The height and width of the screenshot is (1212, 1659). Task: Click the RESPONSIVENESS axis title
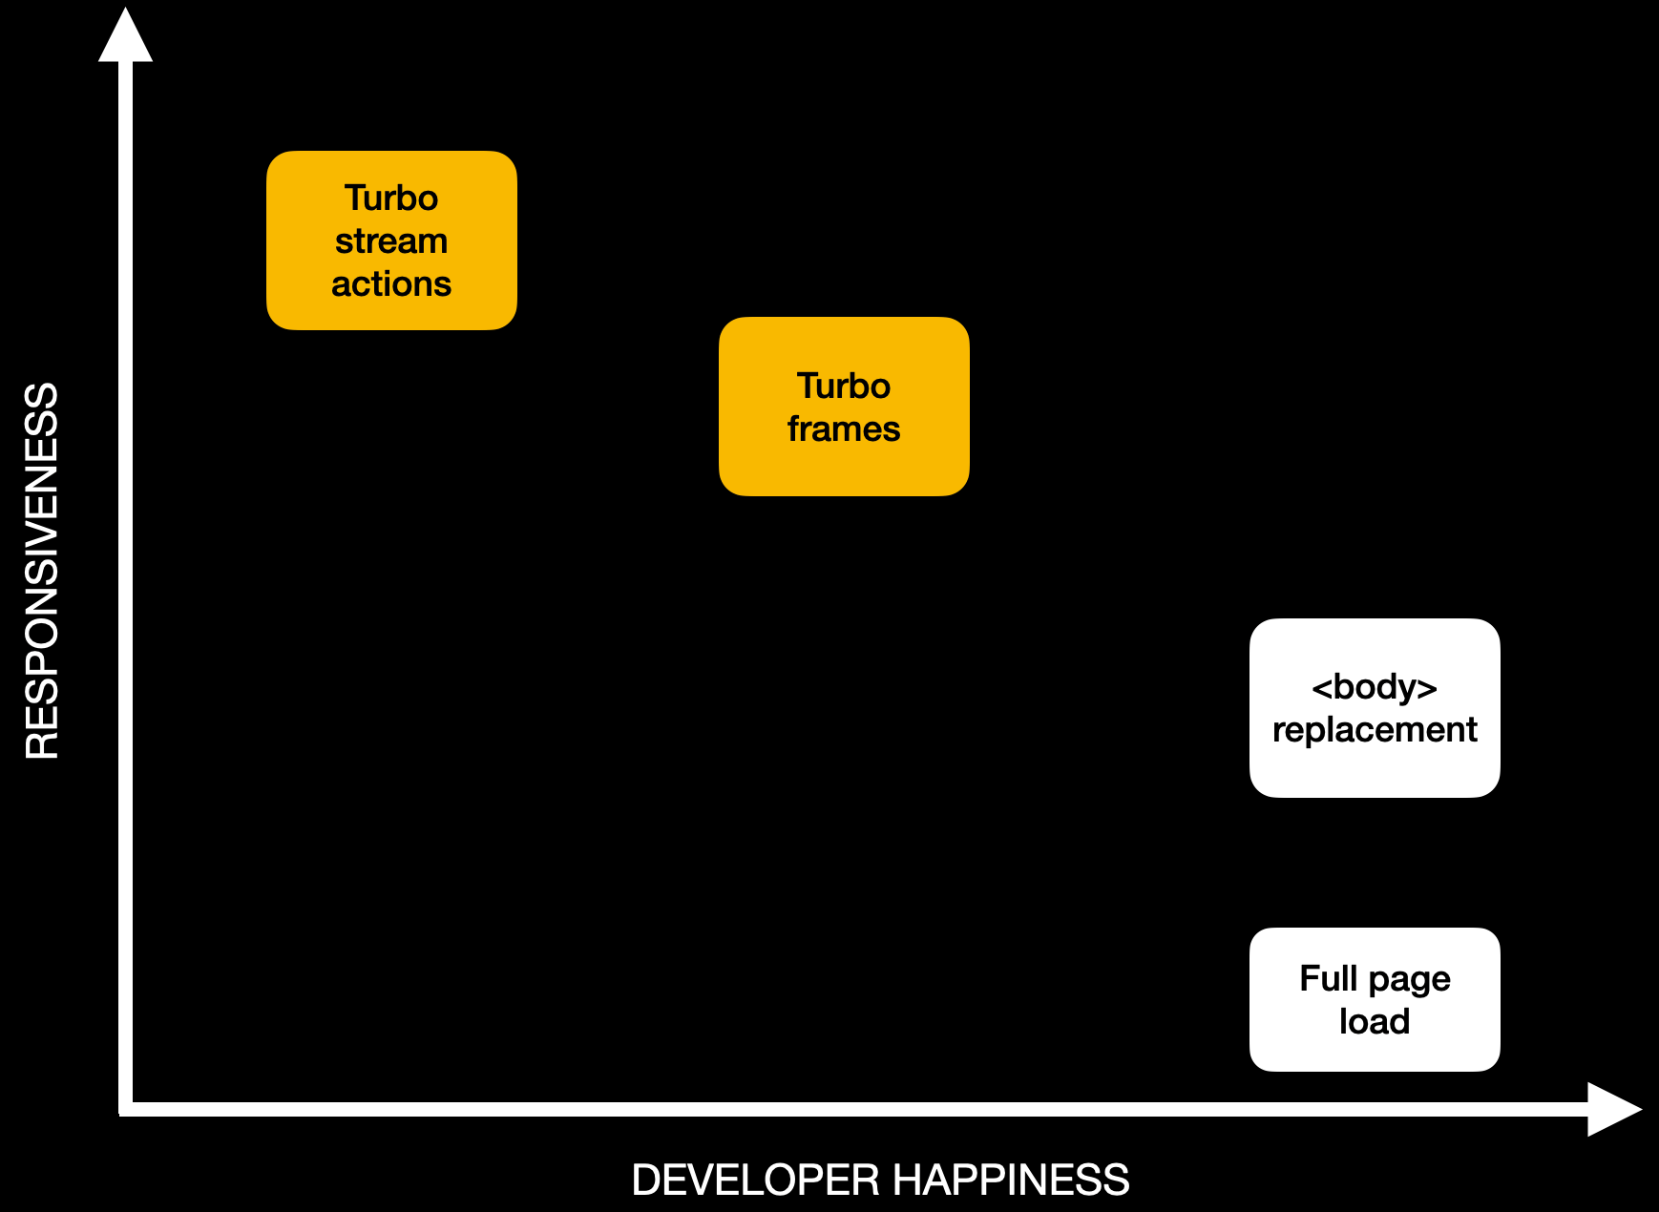click(42, 571)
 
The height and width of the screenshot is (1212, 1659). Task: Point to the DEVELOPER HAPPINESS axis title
click(880, 1180)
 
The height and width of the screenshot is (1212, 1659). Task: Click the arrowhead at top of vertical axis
click(126, 36)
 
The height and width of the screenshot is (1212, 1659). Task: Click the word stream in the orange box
click(391, 241)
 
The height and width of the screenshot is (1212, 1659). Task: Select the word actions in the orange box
click(391, 284)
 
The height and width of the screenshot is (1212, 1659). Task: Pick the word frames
click(844, 429)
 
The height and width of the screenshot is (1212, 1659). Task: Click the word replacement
click(1375, 730)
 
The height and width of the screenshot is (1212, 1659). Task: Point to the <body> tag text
click(1375, 687)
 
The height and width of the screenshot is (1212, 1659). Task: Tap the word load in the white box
click(1375, 1021)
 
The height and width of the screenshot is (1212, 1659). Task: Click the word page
click(1409, 980)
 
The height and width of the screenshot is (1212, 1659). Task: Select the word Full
click(1328, 978)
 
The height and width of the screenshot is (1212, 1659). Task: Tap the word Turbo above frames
click(844, 387)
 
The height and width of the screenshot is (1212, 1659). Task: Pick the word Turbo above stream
click(391, 199)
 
